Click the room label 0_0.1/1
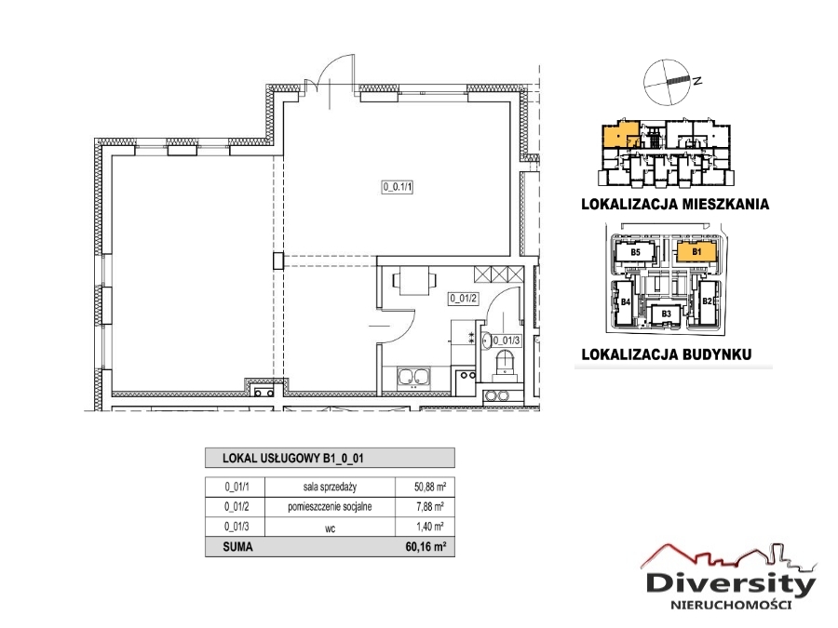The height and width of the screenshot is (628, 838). pyautogui.click(x=398, y=187)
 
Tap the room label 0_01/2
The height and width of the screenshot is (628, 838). pyautogui.click(x=463, y=299)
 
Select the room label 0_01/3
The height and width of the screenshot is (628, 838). pyautogui.click(x=507, y=340)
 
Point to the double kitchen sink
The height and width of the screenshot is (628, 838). pyautogui.click(x=413, y=377)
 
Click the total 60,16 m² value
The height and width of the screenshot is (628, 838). pyautogui.click(x=426, y=547)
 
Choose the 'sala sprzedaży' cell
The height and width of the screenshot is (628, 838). pyautogui.click(x=330, y=487)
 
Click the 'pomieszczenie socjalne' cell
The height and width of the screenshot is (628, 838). pyautogui.click(x=330, y=506)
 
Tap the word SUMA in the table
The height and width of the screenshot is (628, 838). pyautogui.click(x=237, y=547)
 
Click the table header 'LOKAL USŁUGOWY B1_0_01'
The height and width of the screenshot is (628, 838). pyautogui.click(x=293, y=458)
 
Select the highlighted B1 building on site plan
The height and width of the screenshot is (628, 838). pyautogui.click(x=696, y=251)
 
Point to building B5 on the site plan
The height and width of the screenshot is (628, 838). pyautogui.click(x=635, y=251)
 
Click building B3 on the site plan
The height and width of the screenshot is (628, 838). pyautogui.click(x=666, y=314)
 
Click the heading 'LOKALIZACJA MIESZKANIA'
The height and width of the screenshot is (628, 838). pyautogui.click(x=675, y=204)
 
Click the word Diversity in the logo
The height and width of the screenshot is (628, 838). pyautogui.click(x=731, y=583)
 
